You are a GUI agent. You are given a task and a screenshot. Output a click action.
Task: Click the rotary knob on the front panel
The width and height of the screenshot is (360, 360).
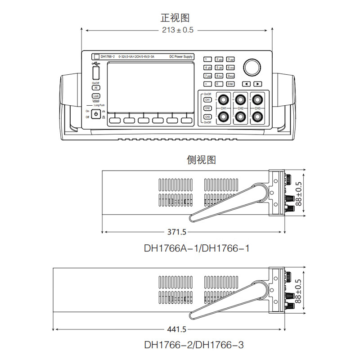[x=252, y=67]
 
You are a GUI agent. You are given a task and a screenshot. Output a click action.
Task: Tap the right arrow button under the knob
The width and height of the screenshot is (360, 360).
[x=257, y=84]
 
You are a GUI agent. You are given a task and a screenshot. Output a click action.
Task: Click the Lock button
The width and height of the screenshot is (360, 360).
[x=95, y=96]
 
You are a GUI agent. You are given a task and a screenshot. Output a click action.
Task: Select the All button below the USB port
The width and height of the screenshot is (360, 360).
[x=95, y=88]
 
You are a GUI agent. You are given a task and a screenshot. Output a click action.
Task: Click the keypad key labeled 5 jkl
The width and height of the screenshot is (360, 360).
[x=219, y=67]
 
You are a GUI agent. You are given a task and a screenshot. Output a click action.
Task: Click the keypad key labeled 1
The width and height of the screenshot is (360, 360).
[x=207, y=59]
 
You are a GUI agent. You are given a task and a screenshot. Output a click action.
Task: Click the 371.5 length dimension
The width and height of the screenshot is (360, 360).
[x=177, y=232]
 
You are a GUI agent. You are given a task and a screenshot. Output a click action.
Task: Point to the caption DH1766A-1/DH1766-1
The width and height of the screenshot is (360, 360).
[x=196, y=248]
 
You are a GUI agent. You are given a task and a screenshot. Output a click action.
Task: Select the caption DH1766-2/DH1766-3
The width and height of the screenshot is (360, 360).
[x=194, y=345]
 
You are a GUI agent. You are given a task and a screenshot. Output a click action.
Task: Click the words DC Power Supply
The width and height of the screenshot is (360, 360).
[x=181, y=57]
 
